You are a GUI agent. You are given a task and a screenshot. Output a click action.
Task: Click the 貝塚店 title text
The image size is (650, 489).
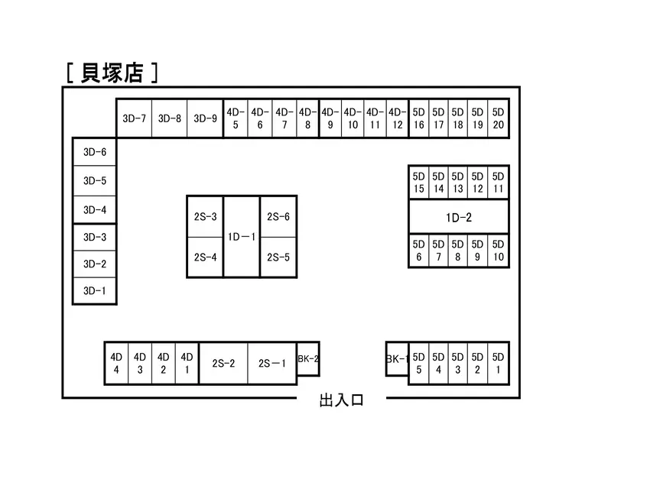click(x=112, y=73)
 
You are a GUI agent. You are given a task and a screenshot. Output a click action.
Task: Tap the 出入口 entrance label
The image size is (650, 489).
click(x=342, y=400)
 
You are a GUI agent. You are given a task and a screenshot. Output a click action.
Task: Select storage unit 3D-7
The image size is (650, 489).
click(x=134, y=118)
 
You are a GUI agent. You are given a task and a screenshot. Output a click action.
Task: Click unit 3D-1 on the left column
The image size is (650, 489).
click(x=95, y=291)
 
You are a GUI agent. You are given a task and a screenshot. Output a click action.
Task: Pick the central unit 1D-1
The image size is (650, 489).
click(x=242, y=236)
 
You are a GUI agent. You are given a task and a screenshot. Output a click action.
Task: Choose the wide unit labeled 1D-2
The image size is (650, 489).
click(x=459, y=218)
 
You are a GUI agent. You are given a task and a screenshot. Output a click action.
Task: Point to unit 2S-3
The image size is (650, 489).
click(x=205, y=216)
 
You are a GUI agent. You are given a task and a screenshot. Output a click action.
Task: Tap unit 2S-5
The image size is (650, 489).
click(x=278, y=257)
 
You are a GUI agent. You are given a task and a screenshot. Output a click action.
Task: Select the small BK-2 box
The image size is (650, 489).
click(x=308, y=358)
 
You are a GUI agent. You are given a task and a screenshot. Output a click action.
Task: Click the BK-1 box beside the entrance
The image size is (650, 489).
click(x=397, y=358)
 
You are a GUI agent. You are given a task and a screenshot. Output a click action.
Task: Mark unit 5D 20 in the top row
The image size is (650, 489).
click(x=498, y=118)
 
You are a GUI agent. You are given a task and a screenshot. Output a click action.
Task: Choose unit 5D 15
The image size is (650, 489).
click(x=419, y=183)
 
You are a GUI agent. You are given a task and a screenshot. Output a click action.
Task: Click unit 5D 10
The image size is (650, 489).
click(x=498, y=251)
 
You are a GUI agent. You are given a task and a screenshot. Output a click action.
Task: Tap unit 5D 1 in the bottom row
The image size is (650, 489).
click(x=498, y=364)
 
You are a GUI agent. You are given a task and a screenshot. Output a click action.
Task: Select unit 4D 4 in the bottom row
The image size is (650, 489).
click(x=116, y=364)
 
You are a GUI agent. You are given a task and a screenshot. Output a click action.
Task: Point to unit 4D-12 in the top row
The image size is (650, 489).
click(x=397, y=118)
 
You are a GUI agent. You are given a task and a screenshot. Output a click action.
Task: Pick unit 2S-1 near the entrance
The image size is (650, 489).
click(x=272, y=364)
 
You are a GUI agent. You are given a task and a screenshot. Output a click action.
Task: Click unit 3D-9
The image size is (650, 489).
click(x=205, y=118)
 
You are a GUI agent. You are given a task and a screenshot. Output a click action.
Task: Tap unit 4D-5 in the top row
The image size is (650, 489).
click(x=236, y=118)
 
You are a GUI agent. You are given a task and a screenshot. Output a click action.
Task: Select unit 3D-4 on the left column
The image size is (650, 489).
click(x=95, y=210)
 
